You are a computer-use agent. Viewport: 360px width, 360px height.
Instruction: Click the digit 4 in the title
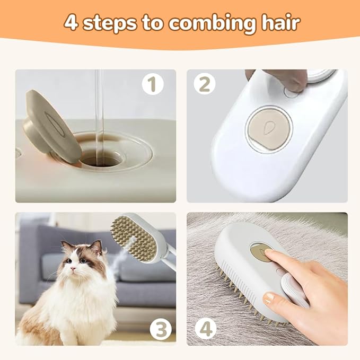coord(71,23)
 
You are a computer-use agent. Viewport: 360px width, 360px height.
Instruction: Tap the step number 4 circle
coord(205,328)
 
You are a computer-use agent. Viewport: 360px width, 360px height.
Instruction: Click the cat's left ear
coord(96,246)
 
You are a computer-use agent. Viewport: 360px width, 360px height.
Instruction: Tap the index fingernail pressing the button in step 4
coord(269,254)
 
